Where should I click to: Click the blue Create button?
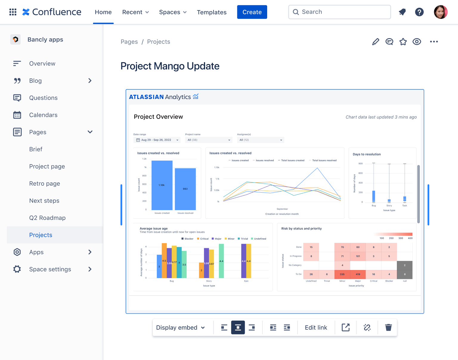pos(252,12)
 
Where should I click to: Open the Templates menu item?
pos(212,12)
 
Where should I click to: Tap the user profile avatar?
pos(441,12)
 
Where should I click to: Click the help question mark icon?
pos(419,12)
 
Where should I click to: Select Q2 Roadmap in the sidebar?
pos(47,218)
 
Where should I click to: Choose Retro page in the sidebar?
pos(45,184)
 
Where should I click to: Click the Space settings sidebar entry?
pos(50,269)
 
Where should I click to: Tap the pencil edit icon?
pos(376,42)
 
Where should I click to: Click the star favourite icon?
pos(403,42)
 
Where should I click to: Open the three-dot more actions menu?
pos(434,42)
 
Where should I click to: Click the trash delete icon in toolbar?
pos(388,328)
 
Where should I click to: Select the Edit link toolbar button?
pos(316,328)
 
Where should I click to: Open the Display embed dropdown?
pos(181,328)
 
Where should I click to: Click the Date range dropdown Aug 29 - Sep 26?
pos(157,140)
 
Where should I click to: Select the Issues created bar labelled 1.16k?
pos(162,185)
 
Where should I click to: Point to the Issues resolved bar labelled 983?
pos(185,189)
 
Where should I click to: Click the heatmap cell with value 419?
pos(358,274)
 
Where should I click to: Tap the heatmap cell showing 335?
pos(342,274)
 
